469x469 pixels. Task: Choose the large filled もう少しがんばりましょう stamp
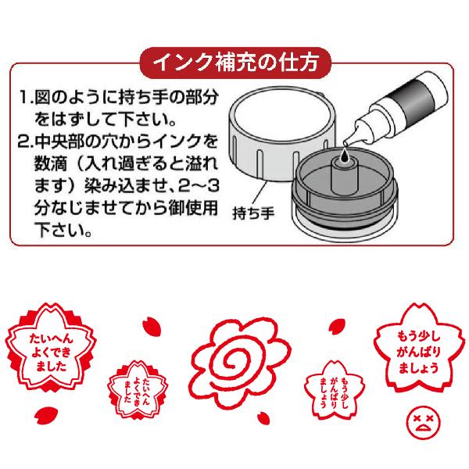412,351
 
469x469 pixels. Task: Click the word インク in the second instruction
165,143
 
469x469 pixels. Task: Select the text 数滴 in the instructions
49,166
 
